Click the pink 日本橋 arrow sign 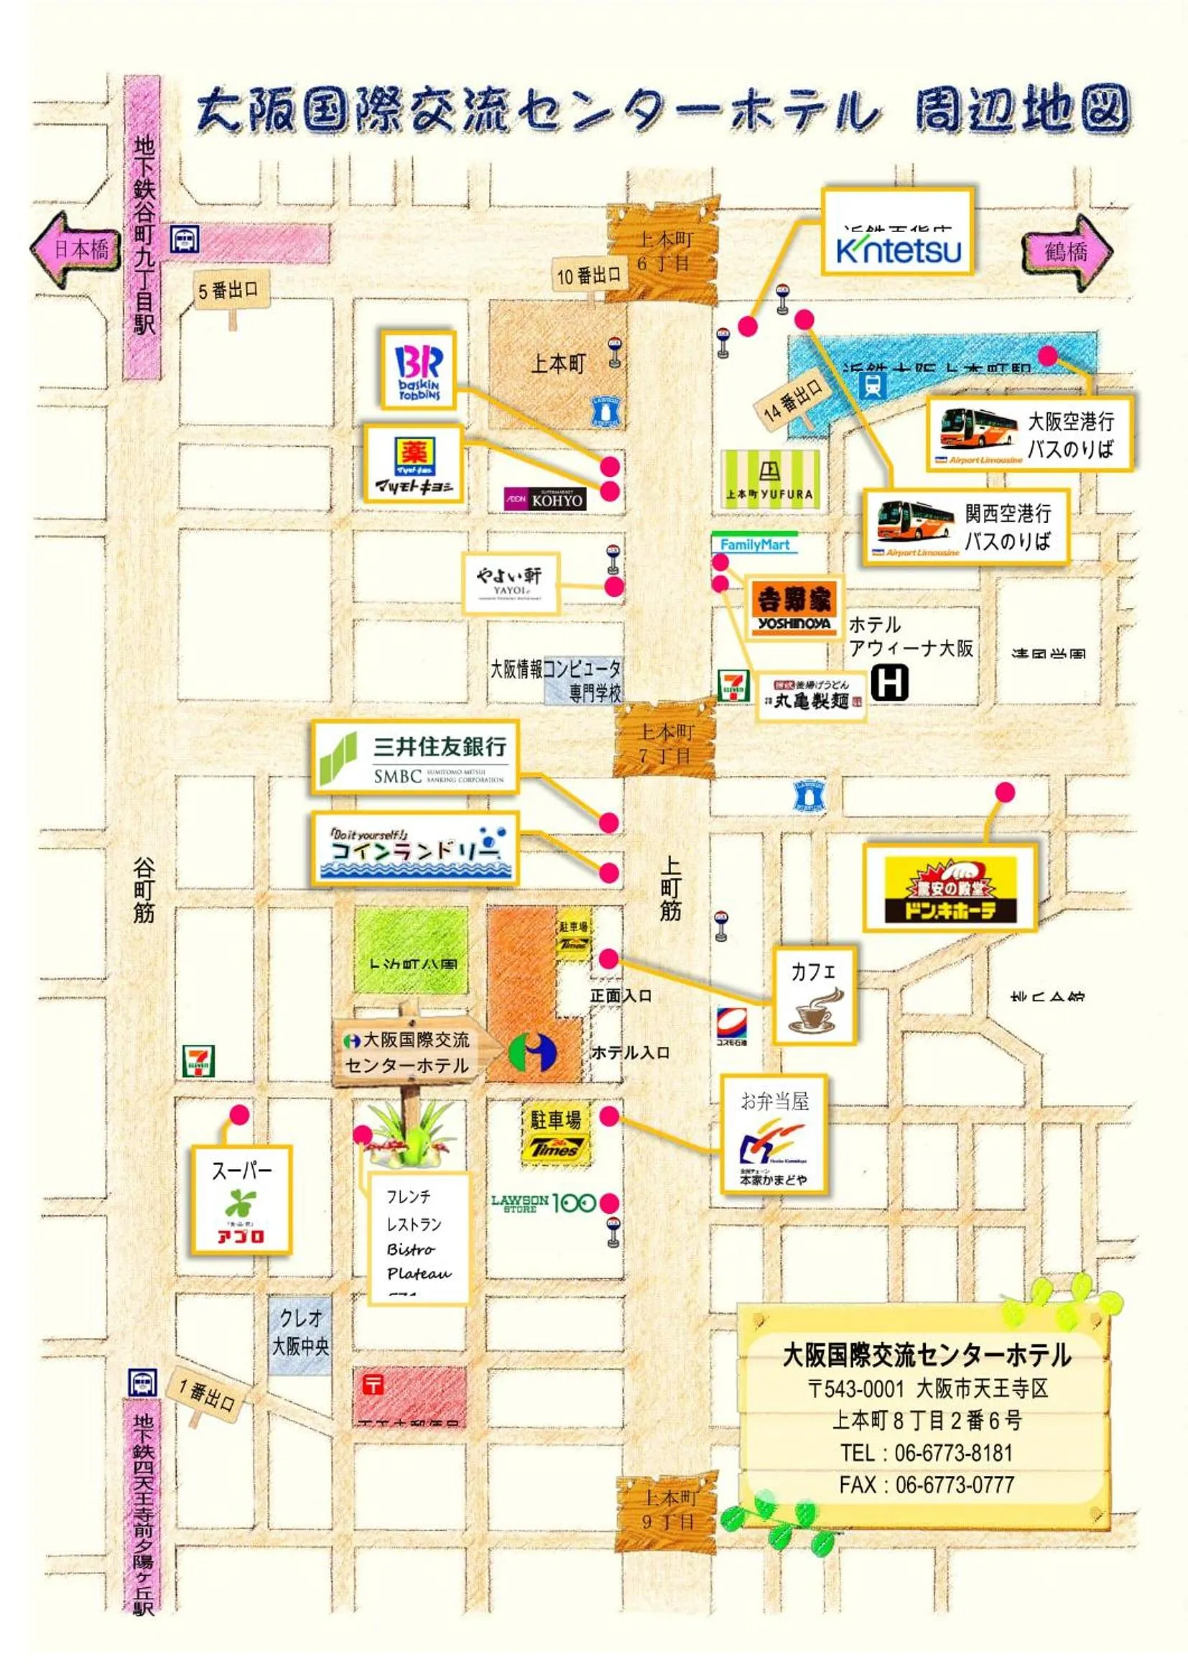(76, 249)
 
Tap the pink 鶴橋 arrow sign (1067, 251)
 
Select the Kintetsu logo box (899, 231)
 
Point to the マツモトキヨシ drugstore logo (414, 464)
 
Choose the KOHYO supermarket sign (545, 499)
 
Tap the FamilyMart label (754, 545)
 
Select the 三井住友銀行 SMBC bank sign (414, 757)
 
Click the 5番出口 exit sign (228, 290)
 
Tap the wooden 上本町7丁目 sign (664, 741)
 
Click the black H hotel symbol (890, 682)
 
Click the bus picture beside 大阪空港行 (978, 432)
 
